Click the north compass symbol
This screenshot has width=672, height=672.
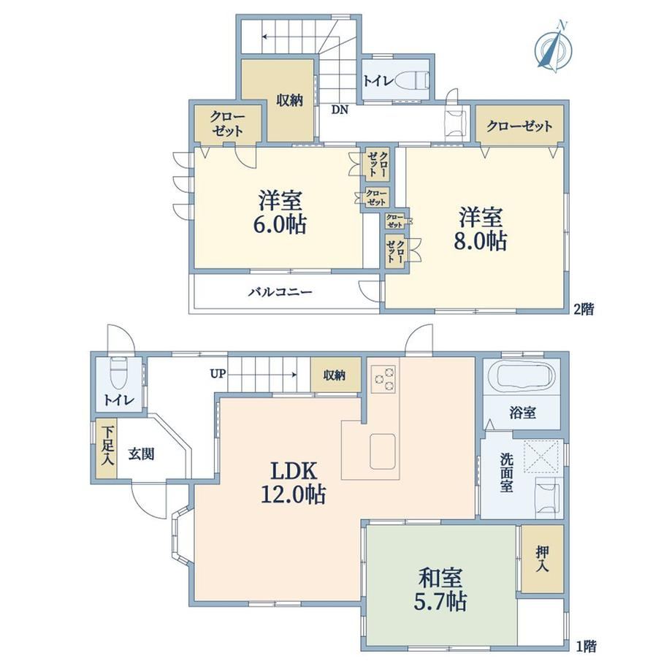tap(553, 47)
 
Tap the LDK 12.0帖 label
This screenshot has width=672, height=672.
tap(294, 483)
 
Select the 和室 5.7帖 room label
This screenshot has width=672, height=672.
tap(440, 589)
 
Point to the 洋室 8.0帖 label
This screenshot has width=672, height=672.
tap(481, 229)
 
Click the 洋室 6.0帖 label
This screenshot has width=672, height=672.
tap(280, 212)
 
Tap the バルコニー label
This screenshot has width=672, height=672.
tap(280, 292)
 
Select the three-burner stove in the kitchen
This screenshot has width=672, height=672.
tap(383, 379)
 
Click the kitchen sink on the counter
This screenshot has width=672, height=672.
tap(383, 451)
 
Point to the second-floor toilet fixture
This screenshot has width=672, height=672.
tap(412, 80)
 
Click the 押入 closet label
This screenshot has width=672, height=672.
tap(542, 559)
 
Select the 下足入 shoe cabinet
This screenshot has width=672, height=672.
tap(106, 448)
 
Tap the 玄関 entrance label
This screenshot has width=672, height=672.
tap(141, 454)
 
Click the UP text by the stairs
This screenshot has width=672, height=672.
tap(218, 374)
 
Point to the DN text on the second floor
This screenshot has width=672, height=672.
tap(340, 110)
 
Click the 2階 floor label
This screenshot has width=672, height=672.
tap(584, 310)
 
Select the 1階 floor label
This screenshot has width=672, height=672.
tap(585, 646)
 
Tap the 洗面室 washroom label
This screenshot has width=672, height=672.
tap(506, 473)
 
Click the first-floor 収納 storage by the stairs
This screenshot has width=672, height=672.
tap(335, 375)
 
